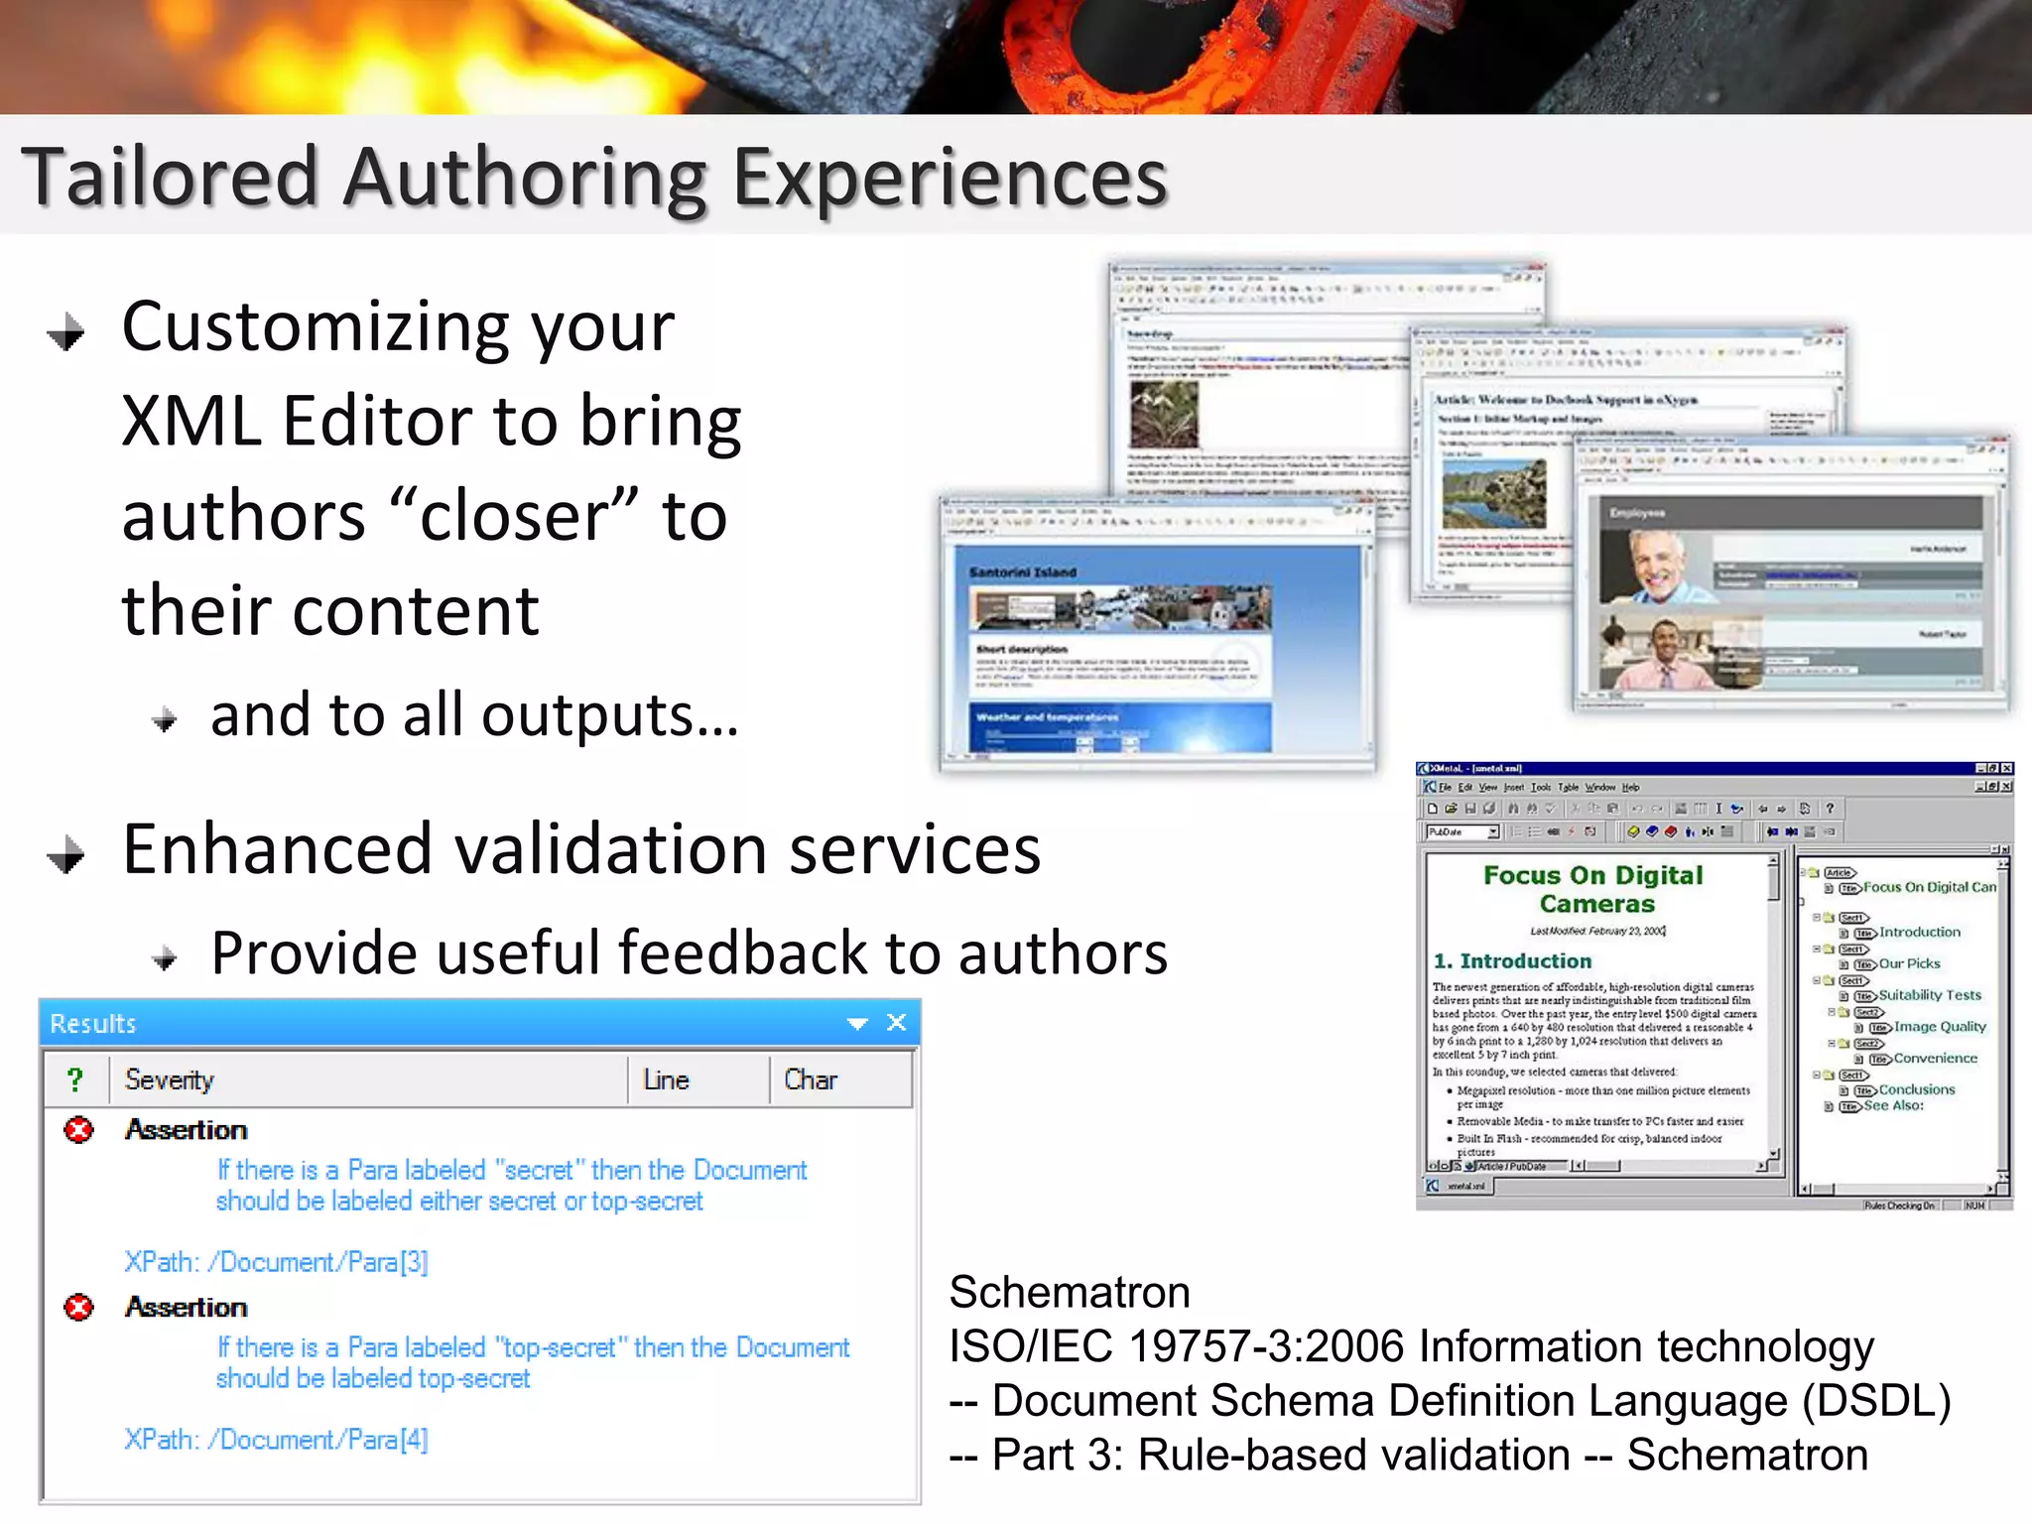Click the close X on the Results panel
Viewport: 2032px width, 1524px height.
pos(897,1022)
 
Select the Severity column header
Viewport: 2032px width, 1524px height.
pos(170,1079)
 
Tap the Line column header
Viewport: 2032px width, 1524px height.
pos(666,1079)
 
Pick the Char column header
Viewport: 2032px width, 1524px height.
pos(811,1079)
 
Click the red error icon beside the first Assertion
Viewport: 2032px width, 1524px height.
pos(79,1130)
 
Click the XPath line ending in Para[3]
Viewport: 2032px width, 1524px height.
pos(276,1262)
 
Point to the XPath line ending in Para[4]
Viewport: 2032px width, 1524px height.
pos(276,1440)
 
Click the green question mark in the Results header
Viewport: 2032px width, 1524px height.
pos(75,1079)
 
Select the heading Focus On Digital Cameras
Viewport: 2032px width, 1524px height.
pos(1594,889)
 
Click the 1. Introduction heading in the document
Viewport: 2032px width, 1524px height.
pos(1513,960)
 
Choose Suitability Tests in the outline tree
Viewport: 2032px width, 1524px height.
pos(1929,995)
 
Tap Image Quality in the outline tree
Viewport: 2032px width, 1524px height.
pos(1940,1027)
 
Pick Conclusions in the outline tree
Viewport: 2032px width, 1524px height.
pos(1916,1089)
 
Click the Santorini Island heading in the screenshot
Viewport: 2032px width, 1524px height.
pos(1023,572)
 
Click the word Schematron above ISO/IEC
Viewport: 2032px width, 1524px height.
pos(1070,1292)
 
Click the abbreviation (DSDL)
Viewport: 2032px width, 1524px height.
pos(1876,1401)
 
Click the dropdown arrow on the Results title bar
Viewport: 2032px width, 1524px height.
pos(857,1023)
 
